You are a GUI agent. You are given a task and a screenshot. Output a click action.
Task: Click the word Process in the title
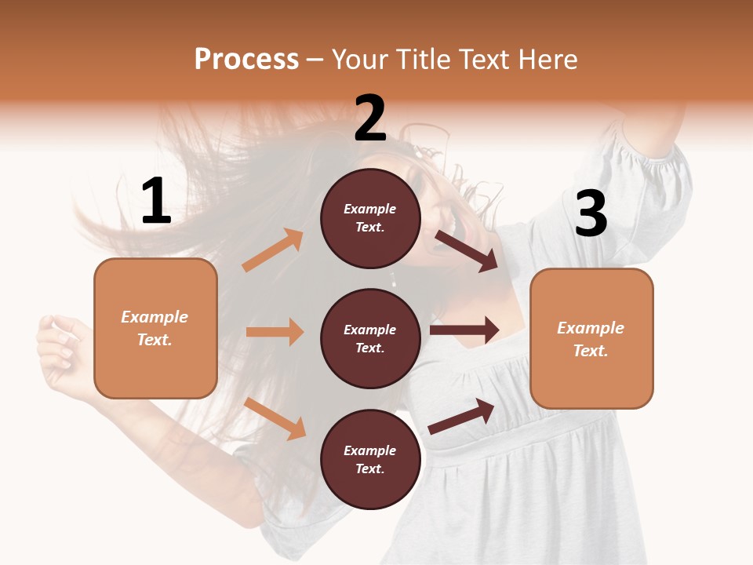246,60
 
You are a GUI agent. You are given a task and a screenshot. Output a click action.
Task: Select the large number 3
591,213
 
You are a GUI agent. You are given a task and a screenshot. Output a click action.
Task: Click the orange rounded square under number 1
155,328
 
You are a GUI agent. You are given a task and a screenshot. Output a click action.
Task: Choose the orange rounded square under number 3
591,338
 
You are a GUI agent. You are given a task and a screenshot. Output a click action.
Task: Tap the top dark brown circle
370,218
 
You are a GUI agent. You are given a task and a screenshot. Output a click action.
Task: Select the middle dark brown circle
370,338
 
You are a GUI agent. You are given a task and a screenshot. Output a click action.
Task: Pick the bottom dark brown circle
370,459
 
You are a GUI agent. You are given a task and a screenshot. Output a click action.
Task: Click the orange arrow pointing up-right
273,250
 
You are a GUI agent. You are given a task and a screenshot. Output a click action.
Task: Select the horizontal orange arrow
275,332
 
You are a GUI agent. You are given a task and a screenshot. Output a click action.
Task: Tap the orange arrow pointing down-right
275,418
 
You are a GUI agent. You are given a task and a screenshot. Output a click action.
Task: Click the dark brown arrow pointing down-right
467,250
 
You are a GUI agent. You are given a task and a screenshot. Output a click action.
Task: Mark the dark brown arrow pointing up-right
461,416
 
